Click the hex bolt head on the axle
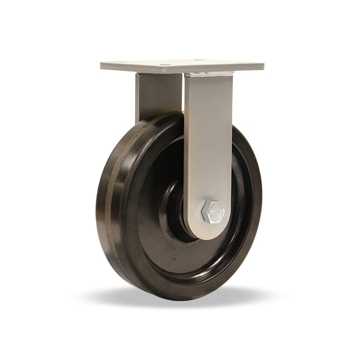click(212, 212)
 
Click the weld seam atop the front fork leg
click(209, 74)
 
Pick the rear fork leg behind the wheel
click(157, 96)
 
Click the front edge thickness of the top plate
click(180, 70)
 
